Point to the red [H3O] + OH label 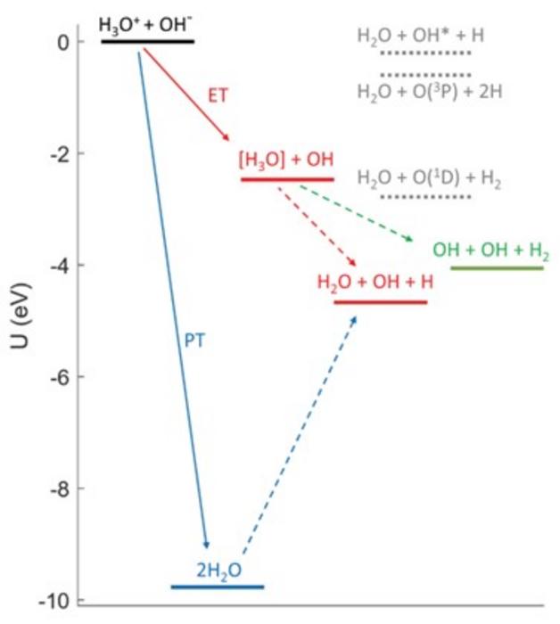click(x=285, y=160)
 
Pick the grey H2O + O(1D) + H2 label click(x=429, y=179)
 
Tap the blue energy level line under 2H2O click(x=218, y=587)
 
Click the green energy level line click(x=497, y=267)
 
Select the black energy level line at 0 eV click(x=147, y=41)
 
